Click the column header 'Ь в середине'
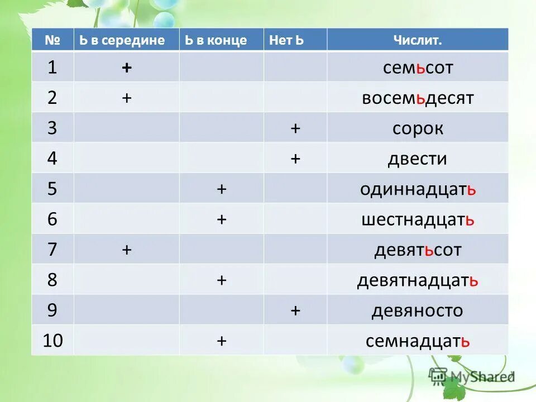(122, 40)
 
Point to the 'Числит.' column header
(418, 40)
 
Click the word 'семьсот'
(418, 68)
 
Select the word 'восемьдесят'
(418, 98)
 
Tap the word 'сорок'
(418, 128)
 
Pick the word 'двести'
(418, 159)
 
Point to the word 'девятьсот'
(418, 250)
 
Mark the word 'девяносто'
(418, 310)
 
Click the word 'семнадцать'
(418, 340)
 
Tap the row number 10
(52, 340)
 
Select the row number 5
(52, 189)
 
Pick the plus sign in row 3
(295, 128)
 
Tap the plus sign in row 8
(222, 280)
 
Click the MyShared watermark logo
(471, 376)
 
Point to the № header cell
(52, 40)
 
